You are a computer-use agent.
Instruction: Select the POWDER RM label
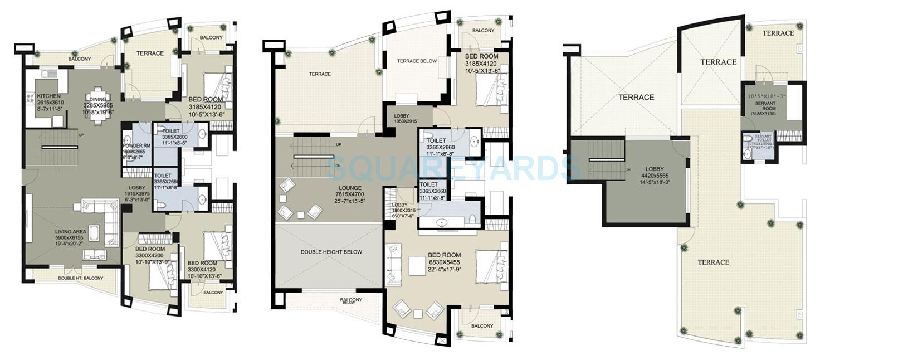[x=133, y=146]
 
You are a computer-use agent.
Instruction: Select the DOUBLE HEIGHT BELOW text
[x=331, y=252]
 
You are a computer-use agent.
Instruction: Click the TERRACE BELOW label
[x=417, y=61]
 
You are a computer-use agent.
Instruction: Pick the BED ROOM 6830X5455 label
[x=445, y=255]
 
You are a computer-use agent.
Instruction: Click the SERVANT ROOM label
[x=765, y=104]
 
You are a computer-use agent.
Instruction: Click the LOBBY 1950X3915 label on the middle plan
[x=401, y=116]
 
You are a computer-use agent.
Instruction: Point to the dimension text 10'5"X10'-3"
[x=767, y=96]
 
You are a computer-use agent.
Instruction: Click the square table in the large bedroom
[x=417, y=265]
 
